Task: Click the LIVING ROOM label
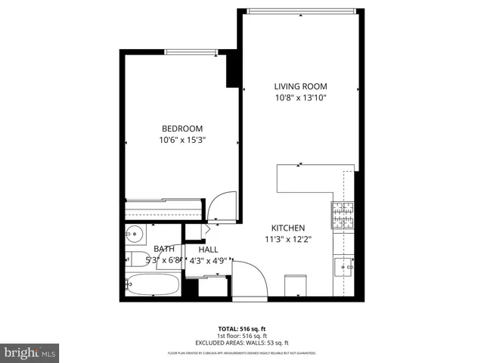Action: [x=300, y=85]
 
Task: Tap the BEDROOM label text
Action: [x=181, y=129]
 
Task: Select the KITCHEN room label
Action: [x=288, y=228]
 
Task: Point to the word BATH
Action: [x=164, y=249]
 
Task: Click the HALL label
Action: [x=208, y=250]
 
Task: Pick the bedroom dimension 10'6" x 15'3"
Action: [x=182, y=140]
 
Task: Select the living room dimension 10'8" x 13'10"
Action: [x=300, y=97]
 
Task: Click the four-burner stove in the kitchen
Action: [x=343, y=216]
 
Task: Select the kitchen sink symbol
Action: [x=343, y=266]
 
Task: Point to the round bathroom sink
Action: [x=135, y=233]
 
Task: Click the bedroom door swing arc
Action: [x=219, y=206]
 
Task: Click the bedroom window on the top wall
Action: [x=192, y=51]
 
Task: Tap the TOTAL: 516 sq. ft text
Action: [x=242, y=328]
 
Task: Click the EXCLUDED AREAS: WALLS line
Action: [x=242, y=342]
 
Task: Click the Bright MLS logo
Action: [x=30, y=352]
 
